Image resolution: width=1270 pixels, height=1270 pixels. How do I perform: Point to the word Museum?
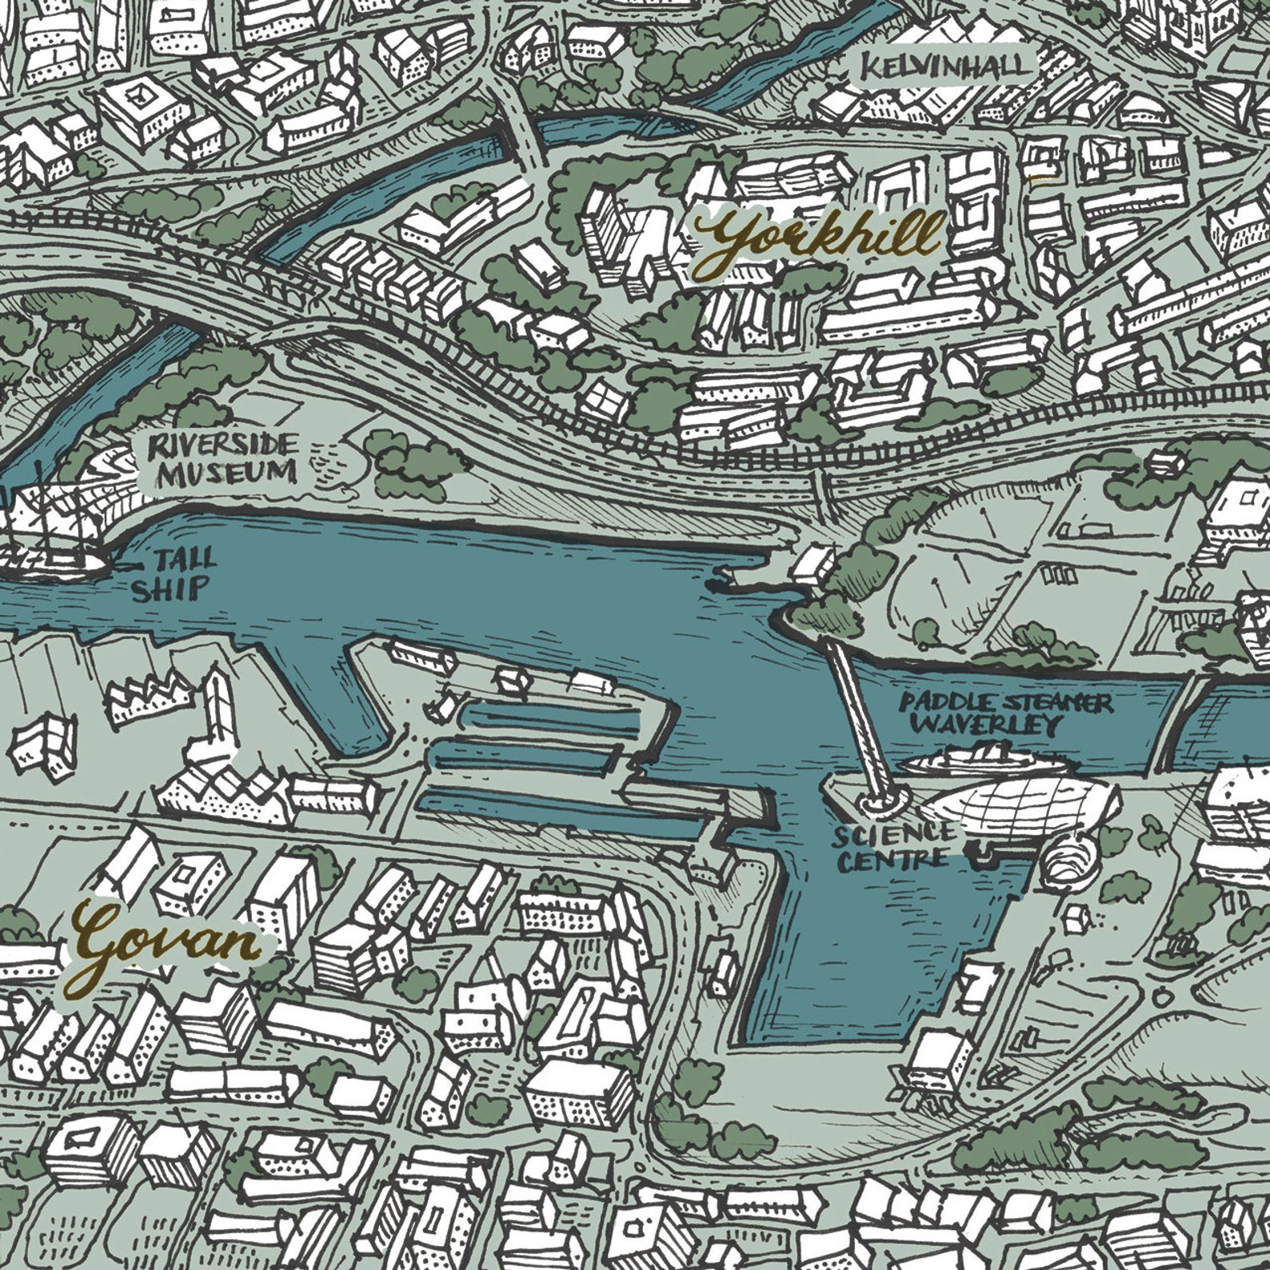(x=226, y=474)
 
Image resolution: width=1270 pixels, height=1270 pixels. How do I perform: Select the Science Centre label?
(x=889, y=848)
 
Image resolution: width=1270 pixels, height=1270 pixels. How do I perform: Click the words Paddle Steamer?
(x=1004, y=703)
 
